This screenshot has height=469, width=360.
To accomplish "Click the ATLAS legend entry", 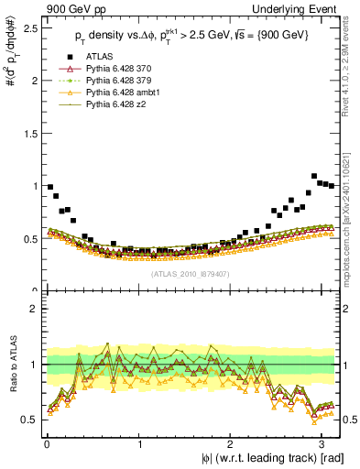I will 102,58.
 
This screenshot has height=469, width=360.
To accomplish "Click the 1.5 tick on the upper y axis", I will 29,133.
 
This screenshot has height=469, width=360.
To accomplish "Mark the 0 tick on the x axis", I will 46,443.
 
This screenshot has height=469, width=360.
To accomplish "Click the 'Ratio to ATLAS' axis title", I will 12,365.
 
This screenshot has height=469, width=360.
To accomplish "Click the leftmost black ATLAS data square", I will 50,187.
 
